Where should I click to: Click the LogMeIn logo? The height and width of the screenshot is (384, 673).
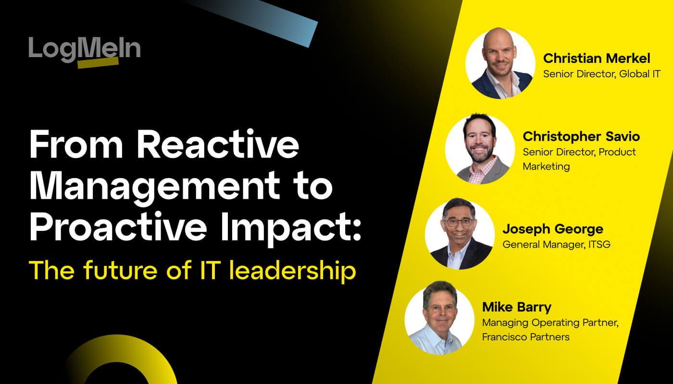[84, 49]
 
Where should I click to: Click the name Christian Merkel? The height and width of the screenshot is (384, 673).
[596, 59]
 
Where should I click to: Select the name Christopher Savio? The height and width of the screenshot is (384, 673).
[581, 136]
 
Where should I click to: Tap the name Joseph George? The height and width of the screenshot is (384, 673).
[552, 229]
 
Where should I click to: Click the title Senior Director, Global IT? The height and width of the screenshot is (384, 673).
[601, 74]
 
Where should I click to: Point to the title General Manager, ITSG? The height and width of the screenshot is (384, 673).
[556, 245]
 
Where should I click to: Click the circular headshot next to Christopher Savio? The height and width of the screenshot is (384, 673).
[480, 149]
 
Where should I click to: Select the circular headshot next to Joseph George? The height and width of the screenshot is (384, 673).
[460, 234]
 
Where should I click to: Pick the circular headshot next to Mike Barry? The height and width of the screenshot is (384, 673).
[439, 319]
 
